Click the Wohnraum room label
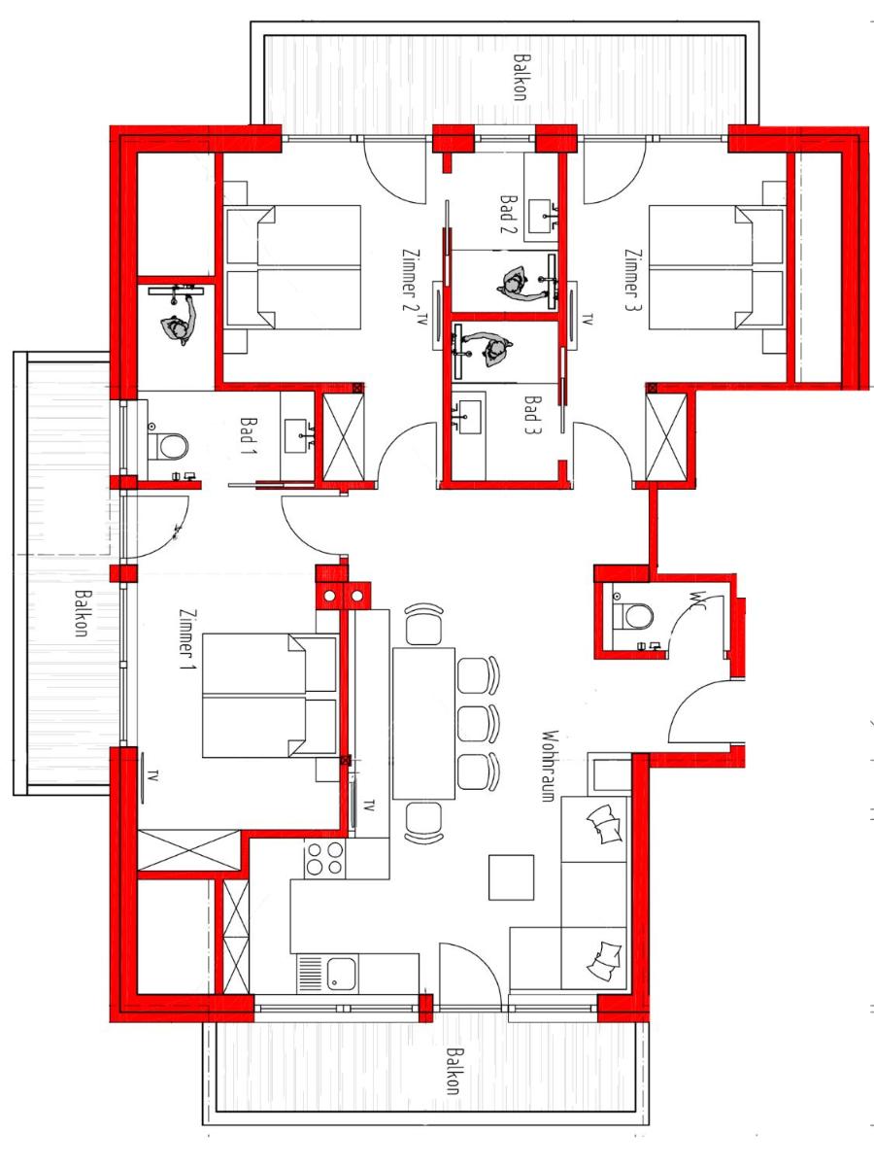550,766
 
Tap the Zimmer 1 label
187,638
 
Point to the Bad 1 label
249,436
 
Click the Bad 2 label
508,214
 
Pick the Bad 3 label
531,415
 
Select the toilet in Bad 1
168,447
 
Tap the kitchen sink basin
341,974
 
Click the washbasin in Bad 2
541,217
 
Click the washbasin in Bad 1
300,436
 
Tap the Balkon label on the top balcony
521,77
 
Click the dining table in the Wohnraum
423,723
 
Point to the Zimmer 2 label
410,280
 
